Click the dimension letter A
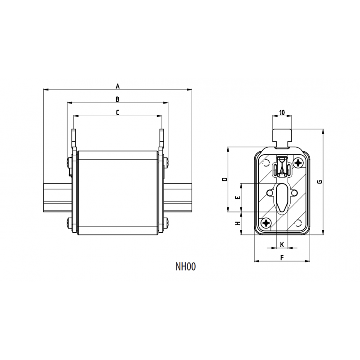coord(117,86)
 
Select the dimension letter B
coord(117,99)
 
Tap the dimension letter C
coord(117,112)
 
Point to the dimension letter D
coord(225,179)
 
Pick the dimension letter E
coord(238,198)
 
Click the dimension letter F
coord(282,257)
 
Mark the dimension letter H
coord(238,223)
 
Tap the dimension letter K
coord(282,244)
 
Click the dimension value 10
coord(282,112)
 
